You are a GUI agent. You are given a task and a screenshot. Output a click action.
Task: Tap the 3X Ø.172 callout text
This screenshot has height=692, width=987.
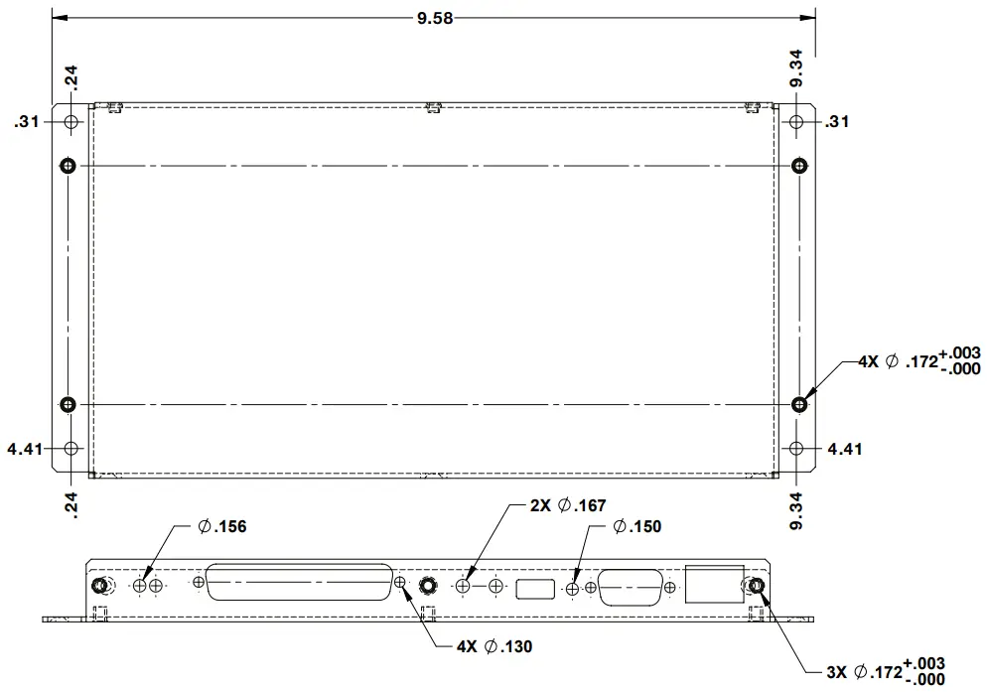point(885,671)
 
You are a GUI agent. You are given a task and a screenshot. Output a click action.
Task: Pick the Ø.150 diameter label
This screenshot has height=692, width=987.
point(636,526)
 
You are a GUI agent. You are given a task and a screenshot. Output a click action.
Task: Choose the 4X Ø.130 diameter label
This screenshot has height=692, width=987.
point(493,646)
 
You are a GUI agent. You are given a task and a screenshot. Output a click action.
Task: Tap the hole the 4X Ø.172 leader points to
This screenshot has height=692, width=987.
point(800,404)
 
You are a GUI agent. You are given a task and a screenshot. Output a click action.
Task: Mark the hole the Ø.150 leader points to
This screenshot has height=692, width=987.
point(573,589)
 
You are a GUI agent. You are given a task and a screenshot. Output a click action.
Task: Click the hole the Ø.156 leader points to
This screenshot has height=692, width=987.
point(140,587)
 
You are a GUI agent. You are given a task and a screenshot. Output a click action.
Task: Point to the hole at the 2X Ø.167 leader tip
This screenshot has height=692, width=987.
point(464,587)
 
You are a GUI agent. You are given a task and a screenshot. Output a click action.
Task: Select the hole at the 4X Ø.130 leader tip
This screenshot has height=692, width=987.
point(400,583)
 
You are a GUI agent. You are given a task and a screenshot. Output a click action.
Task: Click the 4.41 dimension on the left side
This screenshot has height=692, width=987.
point(24,449)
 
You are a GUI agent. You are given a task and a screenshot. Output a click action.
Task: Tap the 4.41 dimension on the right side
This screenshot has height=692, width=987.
point(844,449)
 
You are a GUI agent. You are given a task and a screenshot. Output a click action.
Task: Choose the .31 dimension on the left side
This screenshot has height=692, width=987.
point(27,122)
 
